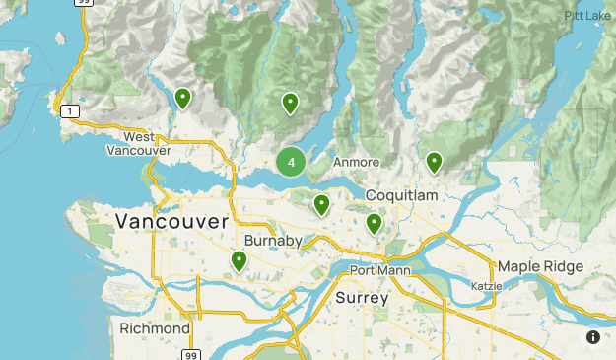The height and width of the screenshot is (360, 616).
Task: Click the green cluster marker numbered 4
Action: coord(291,162)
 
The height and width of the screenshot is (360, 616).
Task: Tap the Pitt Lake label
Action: coord(588,16)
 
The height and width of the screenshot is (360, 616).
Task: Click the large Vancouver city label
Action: coord(171,222)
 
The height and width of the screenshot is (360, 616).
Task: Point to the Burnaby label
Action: coord(274,241)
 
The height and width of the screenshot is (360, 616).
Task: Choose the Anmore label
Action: coord(356,162)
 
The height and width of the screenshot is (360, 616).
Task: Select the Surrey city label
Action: coord(363,297)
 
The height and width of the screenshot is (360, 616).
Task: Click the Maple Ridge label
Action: coord(540,267)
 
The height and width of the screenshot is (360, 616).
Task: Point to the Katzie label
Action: coord(487,286)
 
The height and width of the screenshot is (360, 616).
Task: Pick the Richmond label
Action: coord(155,327)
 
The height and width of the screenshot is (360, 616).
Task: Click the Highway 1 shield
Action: coord(69,111)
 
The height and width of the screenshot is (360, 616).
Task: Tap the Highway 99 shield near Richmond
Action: coord(192,353)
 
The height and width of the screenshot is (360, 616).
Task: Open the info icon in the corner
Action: coord(593,337)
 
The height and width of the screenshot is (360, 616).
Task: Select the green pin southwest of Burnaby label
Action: coord(239,260)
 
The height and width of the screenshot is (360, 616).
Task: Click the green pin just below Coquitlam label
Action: coord(374,223)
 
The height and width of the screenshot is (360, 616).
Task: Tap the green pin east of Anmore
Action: coord(434,162)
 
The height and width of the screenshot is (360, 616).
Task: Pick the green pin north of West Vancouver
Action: coord(182,98)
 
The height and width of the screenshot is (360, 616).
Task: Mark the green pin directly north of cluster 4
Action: coord(290,103)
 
